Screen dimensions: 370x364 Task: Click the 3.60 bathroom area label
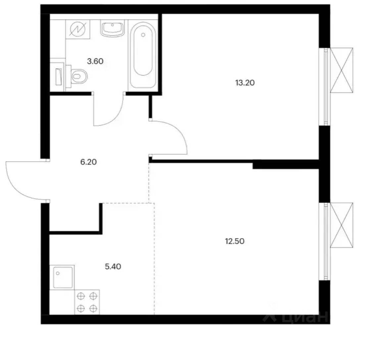(95, 61)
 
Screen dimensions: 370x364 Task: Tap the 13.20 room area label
(245, 83)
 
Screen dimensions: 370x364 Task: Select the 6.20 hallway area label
(88, 162)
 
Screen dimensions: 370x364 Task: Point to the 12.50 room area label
(235, 241)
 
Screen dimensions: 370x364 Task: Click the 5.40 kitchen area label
(113, 267)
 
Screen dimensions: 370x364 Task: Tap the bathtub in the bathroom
(143, 55)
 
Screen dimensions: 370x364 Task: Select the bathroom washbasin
(113, 28)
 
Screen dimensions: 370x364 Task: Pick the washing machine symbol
(78, 29)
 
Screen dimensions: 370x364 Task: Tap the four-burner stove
(87, 302)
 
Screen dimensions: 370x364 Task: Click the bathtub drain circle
(143, 35)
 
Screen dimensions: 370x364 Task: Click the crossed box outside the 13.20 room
(342, 70)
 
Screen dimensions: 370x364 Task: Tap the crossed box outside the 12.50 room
(342, 225)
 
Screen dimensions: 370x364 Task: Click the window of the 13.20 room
(324, 87)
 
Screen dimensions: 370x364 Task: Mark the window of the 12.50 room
(324, 241)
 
